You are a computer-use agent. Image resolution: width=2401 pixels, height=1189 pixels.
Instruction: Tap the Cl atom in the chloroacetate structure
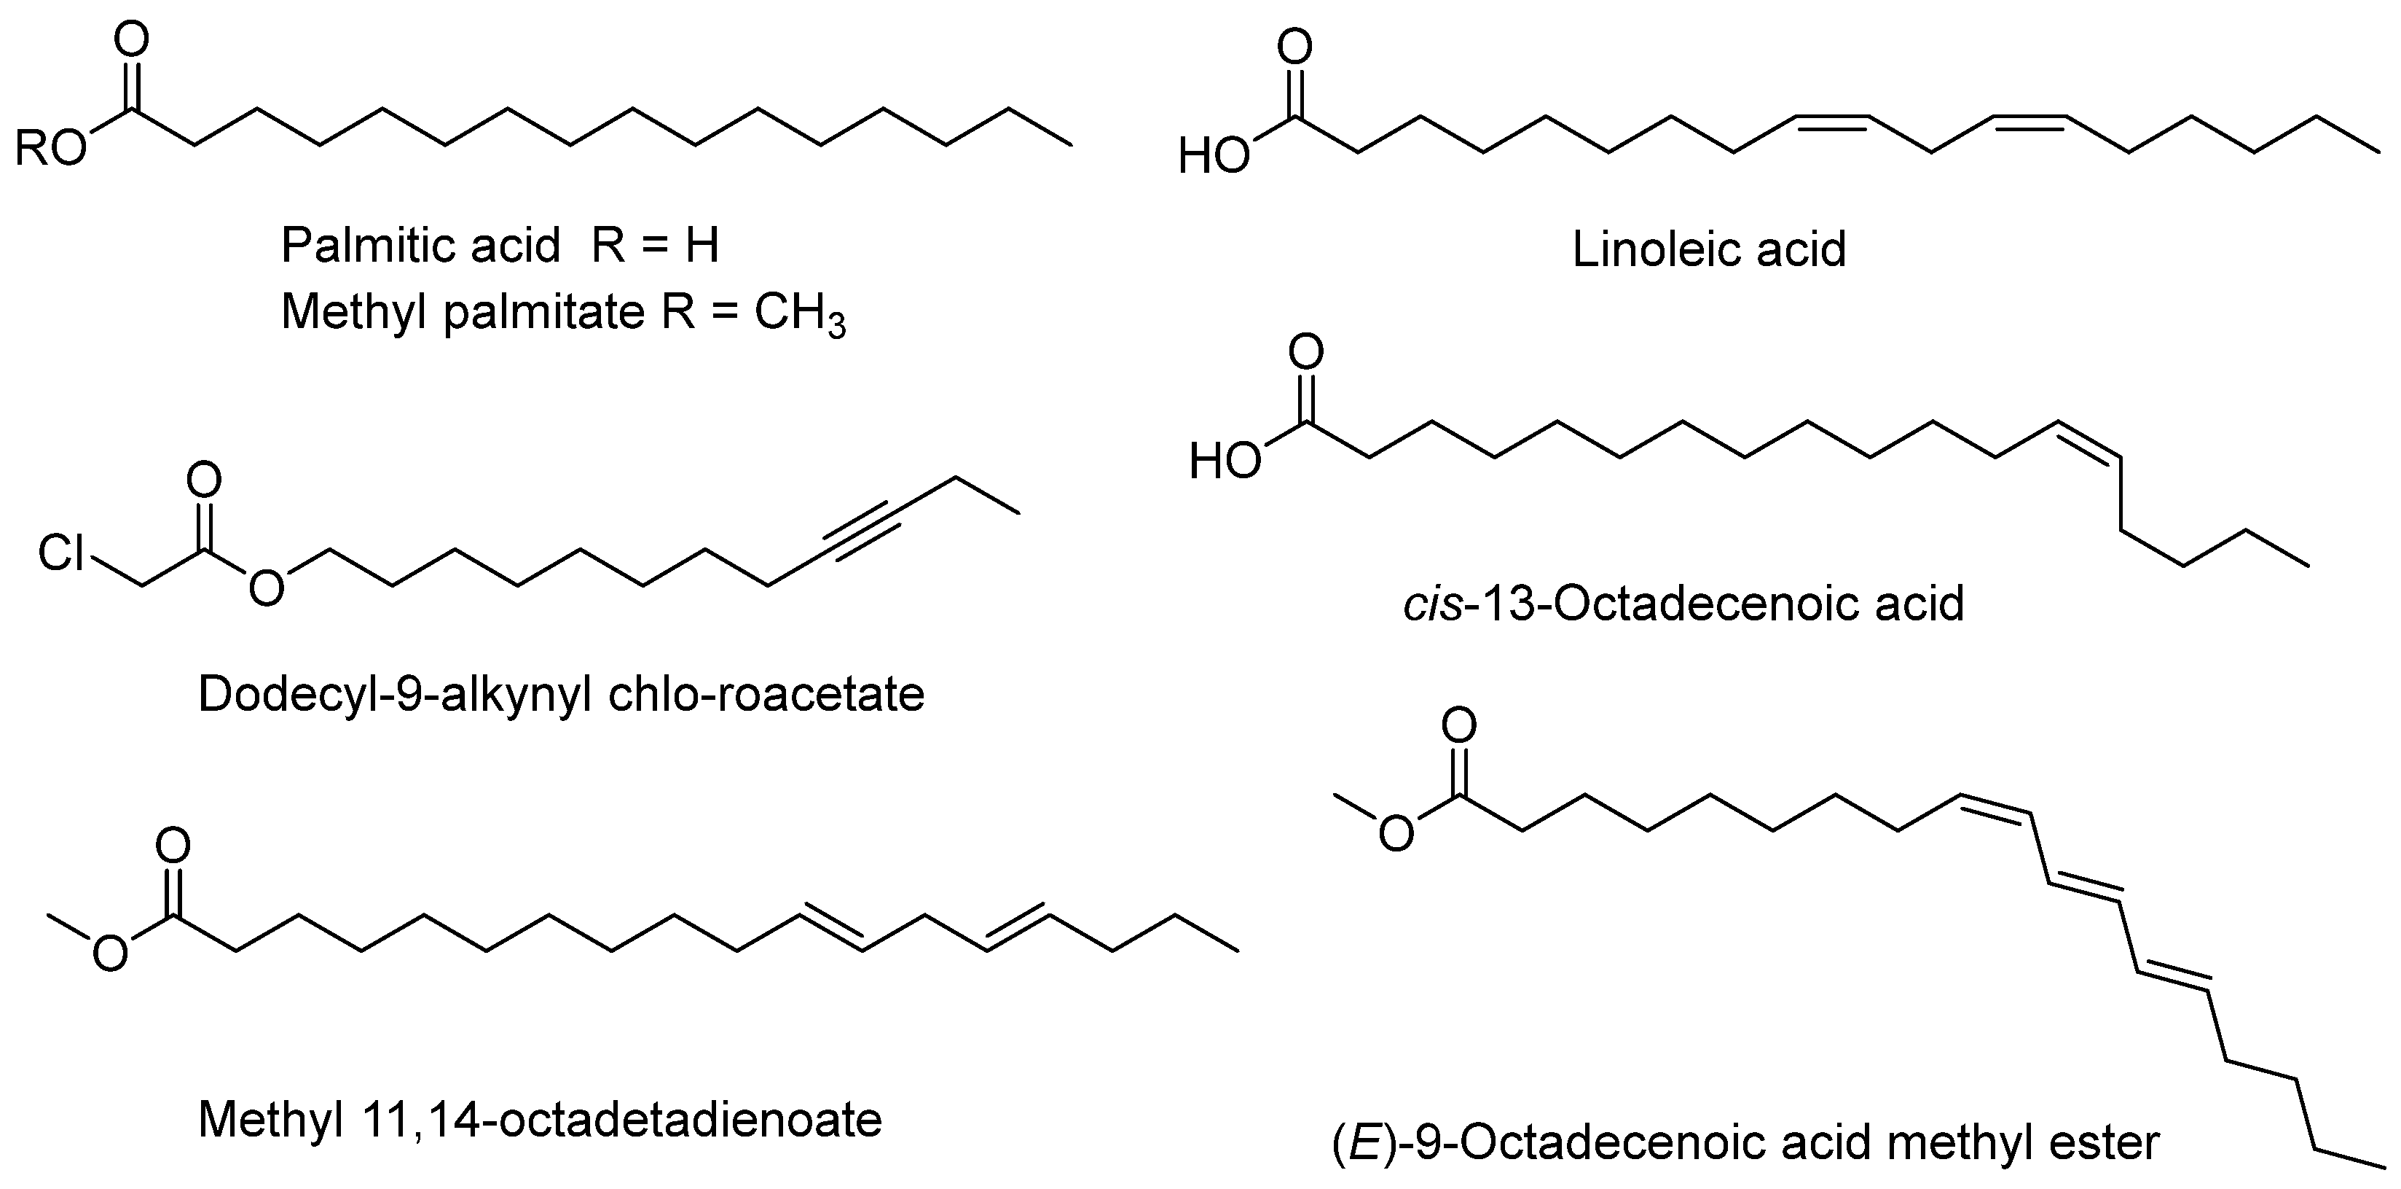(61, 553)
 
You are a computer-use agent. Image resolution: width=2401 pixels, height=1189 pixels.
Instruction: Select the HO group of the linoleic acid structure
(1214, 157)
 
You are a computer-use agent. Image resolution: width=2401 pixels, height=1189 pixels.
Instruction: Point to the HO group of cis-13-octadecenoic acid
(1225, 461)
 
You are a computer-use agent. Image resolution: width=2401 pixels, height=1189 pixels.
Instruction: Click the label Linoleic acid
(1708, 250)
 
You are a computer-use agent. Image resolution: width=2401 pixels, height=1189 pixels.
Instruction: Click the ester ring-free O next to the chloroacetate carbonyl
(267, 588)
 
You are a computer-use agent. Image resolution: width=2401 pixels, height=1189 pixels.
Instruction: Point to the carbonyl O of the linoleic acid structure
(1294, 47)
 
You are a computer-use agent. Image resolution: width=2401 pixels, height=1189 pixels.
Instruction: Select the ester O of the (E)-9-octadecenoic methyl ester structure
(1395, 835)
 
